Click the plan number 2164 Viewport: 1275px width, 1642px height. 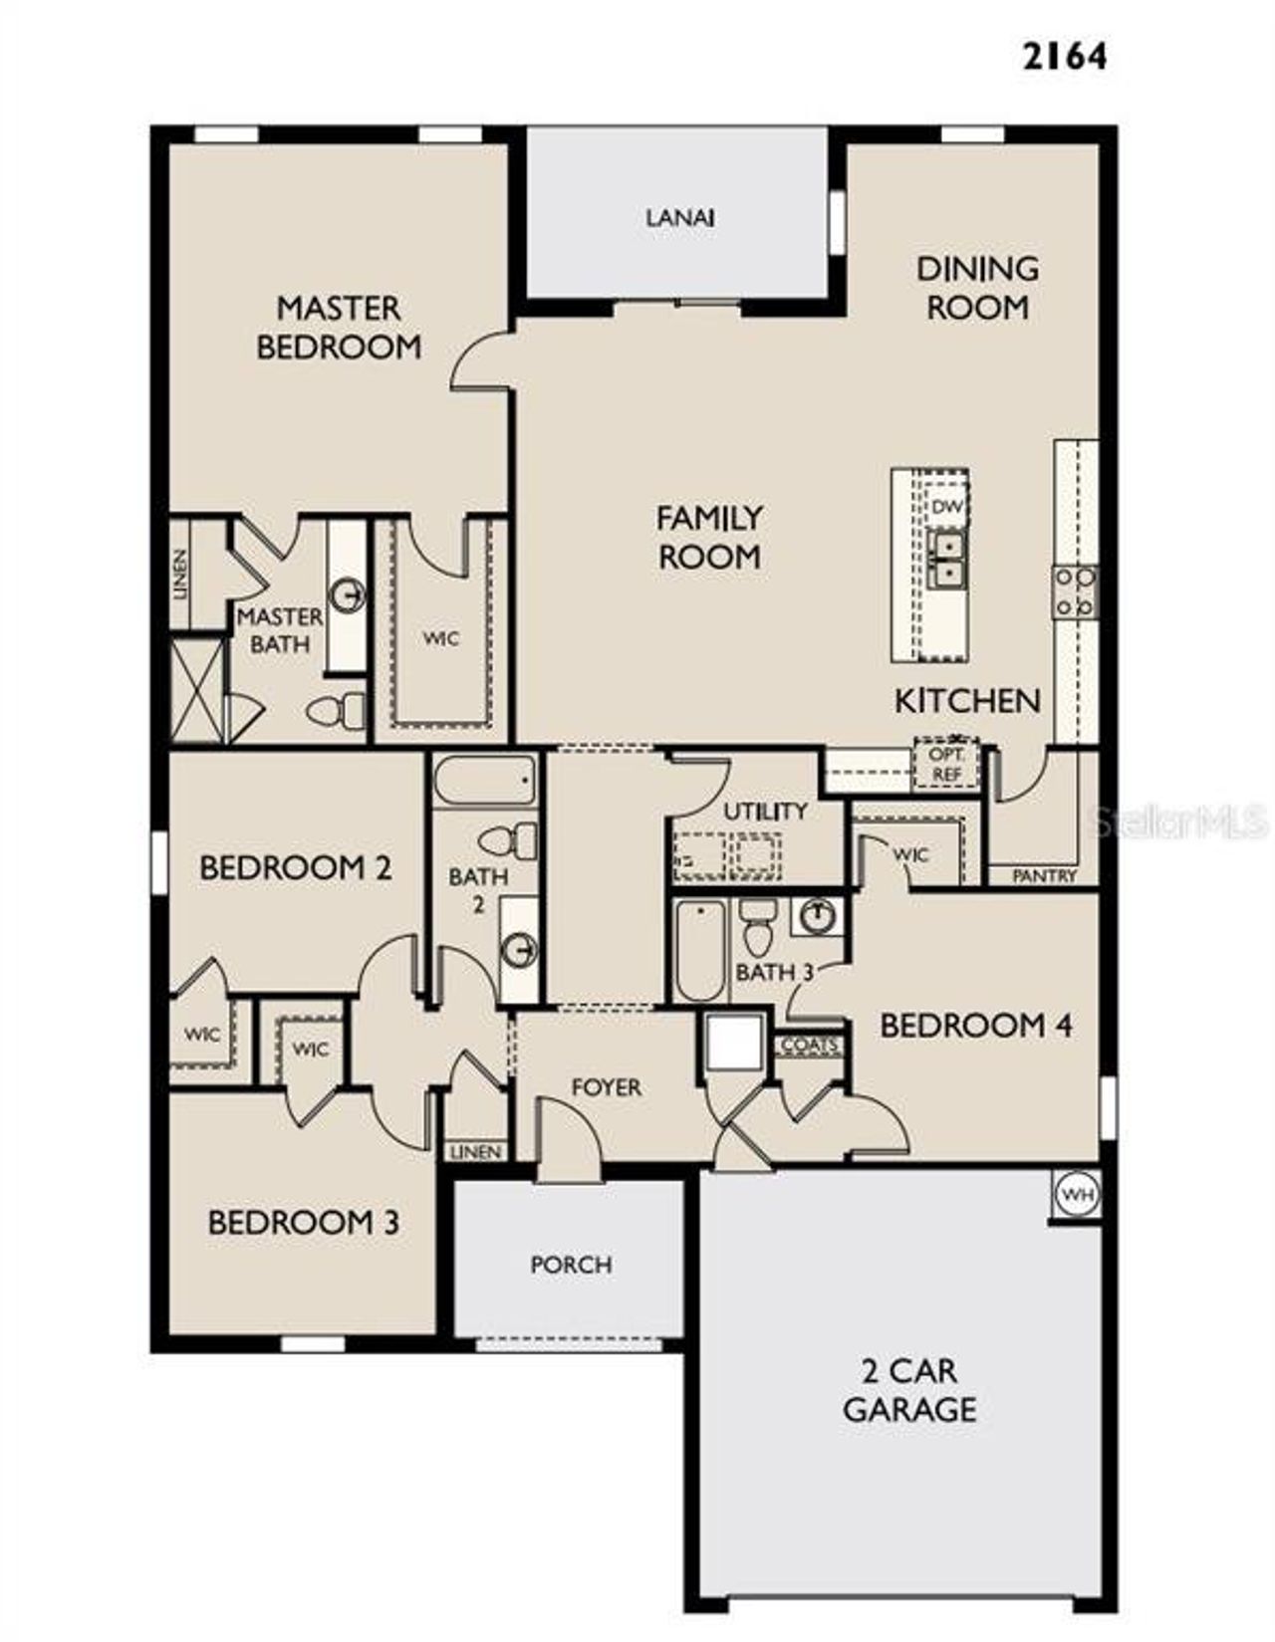tap(1065, 56)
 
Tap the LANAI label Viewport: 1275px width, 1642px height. tap(679, 217)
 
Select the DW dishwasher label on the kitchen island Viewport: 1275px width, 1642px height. tap(946, 507)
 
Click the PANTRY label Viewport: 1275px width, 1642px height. tap(1044, 875)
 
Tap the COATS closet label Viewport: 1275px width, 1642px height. tap(810, 1046)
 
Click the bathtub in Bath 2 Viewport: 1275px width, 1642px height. tap(486, 781)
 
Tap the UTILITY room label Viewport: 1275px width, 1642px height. tap(764, 811)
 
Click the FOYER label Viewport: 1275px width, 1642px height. tap(606, 1086)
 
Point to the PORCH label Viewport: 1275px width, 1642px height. tap(571, 1265)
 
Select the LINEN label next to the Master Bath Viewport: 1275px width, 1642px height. tap(180, 575)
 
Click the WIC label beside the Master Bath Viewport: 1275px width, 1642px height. tap(440, 638)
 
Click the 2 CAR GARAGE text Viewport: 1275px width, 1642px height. tap(908, 1390)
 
